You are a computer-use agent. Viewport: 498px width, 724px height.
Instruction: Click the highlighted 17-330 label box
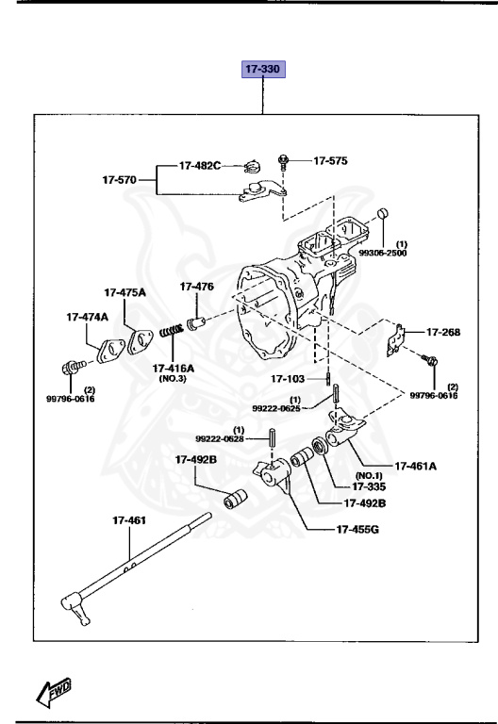point(264,70)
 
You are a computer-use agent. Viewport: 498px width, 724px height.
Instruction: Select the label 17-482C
point(202,166)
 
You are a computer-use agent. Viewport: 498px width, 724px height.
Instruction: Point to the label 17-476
point(197,287)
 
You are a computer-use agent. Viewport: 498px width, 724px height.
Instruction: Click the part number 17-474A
point(87,317)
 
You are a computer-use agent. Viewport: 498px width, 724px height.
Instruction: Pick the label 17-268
point(443,332)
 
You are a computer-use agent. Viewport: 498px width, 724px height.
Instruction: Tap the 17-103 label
point(290,379)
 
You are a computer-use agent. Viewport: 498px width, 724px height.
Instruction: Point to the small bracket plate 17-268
point(397,339)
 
